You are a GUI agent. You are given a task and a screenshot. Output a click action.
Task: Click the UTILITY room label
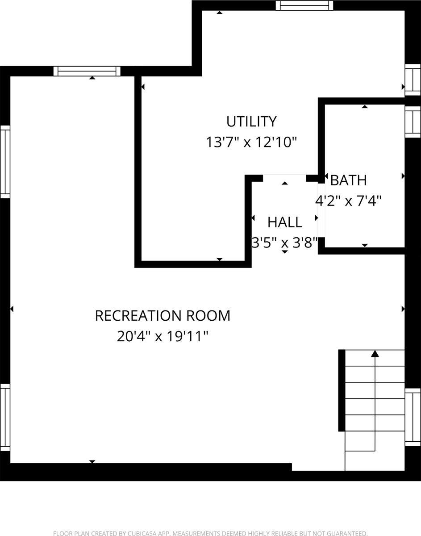pyautogui.click(x=251, y=121)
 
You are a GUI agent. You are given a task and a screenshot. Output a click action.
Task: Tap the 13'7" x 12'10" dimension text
pyautogui.click(x=251, y=142)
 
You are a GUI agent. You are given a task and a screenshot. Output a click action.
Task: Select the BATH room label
pyautogui.click(x=348, y=180)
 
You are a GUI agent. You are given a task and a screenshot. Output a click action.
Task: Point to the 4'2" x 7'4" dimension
pyautogui.click(x=348, y=201)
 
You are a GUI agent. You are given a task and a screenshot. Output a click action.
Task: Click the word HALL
pyautogui.click(x=285, y=222)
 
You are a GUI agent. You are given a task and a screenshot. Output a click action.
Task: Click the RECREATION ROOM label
pyautogui.click(x=163, y=316)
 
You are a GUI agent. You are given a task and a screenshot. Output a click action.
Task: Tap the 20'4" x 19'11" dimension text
pyautogui.click(x=163, y=336)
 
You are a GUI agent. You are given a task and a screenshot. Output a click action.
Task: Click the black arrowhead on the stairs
pyautogui.click(x=375, y=354)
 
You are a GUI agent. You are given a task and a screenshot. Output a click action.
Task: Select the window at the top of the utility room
pyautogui.click(x=304, y=5)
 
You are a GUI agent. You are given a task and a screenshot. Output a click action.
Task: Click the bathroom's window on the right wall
pyautogui.click(x=413, y=121)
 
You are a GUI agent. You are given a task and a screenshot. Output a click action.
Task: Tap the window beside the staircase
pyautogui.click(x=413, y=417)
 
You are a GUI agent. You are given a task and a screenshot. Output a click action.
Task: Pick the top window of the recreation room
pyautogui.click(x=87, y=71)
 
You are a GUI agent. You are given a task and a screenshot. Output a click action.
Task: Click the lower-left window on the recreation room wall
pyautogui.click(x=5, y=418)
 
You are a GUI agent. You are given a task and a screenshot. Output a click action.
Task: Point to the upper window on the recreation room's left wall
pyautogui.click(x=5, y=162)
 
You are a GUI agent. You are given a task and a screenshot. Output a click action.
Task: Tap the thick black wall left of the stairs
pyautogui.click(x=342, y=390)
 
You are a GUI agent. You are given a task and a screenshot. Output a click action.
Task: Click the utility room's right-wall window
pyautogui.click(x=413, y=80)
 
